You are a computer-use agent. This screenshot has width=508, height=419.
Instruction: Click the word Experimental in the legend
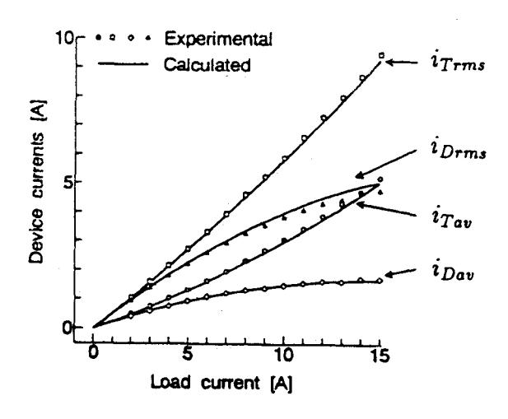tap(218, 40)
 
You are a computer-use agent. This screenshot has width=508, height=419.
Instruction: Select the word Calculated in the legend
tap(207, 65)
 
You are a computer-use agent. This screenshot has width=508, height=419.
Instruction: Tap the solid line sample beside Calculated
tap(124, 63)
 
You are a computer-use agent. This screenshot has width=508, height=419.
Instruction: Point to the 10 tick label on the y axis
tap(65, 38)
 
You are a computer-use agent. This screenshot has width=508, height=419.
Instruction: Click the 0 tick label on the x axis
tap(93, 353)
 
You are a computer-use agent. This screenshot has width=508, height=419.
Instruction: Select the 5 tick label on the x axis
tap(187, 354)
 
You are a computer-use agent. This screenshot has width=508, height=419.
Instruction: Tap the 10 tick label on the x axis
tap(283, 355)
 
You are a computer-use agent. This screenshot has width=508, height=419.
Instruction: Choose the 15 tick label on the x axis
tap(380, 356)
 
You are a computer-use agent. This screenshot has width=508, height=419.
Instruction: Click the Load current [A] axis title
tap(221, 383)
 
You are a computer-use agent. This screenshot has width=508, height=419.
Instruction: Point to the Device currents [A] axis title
tap(38, 182)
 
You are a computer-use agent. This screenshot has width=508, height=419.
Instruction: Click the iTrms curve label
tap(458, 63)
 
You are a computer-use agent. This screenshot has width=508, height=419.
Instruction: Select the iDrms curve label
tap(459, 150)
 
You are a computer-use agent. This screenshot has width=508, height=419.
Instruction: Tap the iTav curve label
tap(451, 219)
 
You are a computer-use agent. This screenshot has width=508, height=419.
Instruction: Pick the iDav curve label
tap(453, 272)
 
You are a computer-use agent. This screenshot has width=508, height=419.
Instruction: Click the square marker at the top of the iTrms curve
tap(381, 56)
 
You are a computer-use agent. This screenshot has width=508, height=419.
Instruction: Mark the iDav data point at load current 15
tap(380, 281)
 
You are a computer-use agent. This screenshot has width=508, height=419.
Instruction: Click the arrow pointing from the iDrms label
tap(385, 164)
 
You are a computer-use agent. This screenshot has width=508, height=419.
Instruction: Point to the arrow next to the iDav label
tap(400, 272)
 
